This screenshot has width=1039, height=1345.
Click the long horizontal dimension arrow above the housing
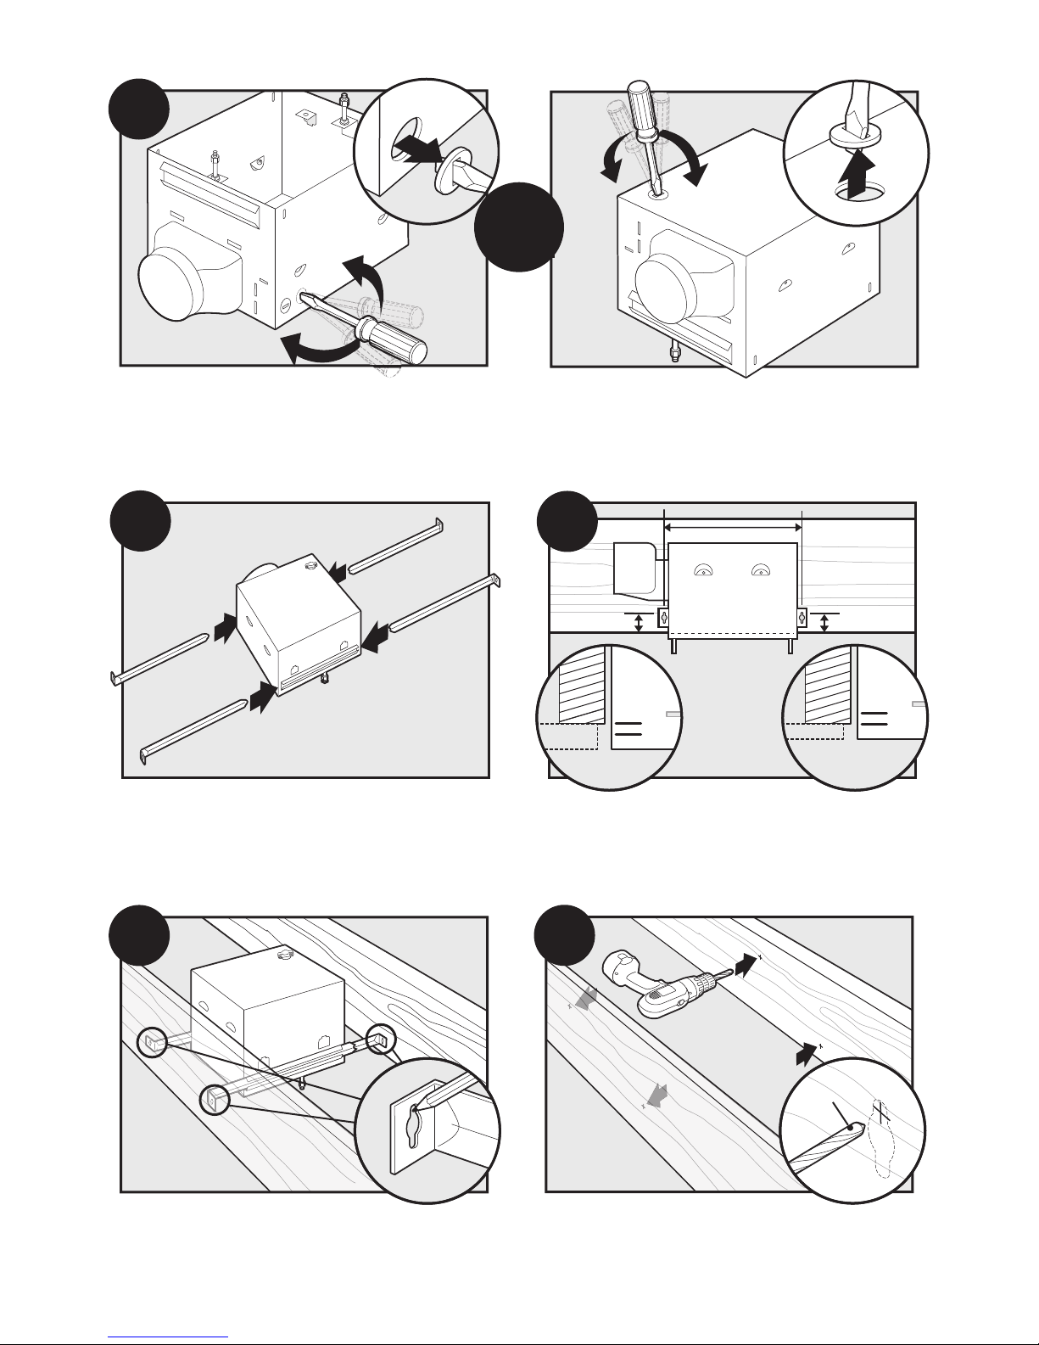coord(733,528)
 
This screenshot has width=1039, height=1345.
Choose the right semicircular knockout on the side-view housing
coord(760,570)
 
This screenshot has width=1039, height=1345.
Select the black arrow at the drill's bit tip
coord(744,964)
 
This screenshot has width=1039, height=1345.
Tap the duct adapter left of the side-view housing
coord(634,567)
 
